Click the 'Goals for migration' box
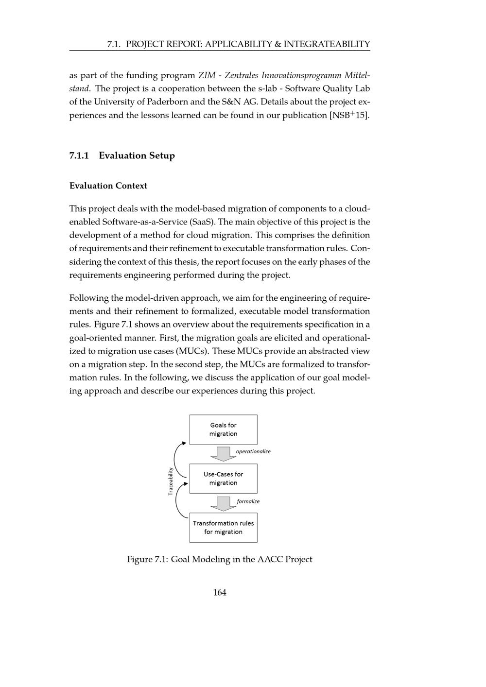pyautogui.click(x=223, y=429)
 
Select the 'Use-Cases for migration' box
pyautogui.click(x=223, y=479)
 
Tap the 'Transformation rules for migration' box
pyautogui.click(x=223, y=528)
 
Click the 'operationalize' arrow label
pyautogui.click(x=253, y=451)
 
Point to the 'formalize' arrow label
pyautogui.click(x=248, y=501)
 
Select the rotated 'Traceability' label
pyautogui.click(x=171, y=481)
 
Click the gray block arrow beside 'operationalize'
pyautogui.click(x=223, y=454)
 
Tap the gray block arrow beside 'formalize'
pyautogui.click(x=223, y=504)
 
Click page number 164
pyautogui.click(x=220, y=592)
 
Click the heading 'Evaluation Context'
pyautogui.click(x=108, y=186)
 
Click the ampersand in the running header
pyautogui.click(x=278, y=44)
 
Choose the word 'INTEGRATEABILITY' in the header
pyautogui.click(x=327, y=44)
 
